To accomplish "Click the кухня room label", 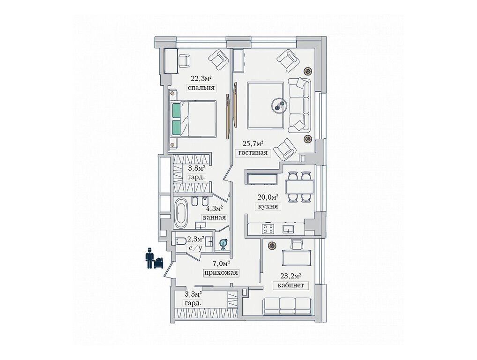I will pos(268,206).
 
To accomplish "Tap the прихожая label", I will pos(221,273).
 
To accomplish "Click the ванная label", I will pos(214,217).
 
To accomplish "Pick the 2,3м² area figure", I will pos(195,239).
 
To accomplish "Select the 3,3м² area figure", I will pos(193,294).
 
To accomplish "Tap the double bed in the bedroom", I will pos(194,119).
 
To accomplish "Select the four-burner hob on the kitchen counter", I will pos(268,229).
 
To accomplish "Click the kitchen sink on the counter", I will pos(288,228).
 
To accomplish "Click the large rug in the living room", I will pos(265,105).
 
